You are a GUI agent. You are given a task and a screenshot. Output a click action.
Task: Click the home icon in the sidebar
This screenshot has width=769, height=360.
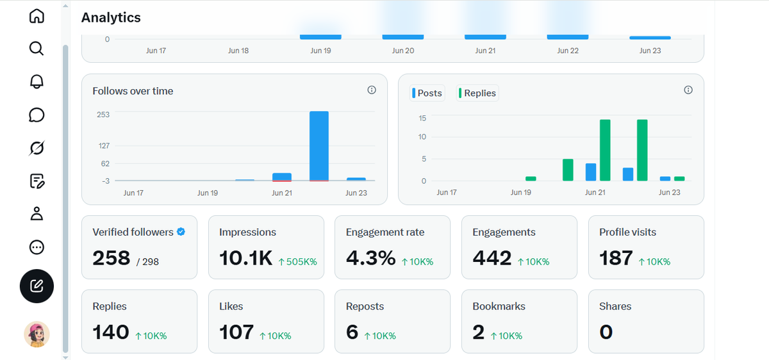tap(37, 16)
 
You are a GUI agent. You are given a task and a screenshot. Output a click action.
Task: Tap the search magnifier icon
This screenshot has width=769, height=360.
tap(37, 49)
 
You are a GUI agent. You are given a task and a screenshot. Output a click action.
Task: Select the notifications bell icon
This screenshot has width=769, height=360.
tap(37, 82)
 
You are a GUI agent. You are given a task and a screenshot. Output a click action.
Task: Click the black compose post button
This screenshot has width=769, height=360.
tap(37, 286)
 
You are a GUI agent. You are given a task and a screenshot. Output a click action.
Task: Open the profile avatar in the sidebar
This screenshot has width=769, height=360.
tap(37, 334)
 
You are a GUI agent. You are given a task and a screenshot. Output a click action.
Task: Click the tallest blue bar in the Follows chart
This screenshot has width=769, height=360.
tap(319, 146)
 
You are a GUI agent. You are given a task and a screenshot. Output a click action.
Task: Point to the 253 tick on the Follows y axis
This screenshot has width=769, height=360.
tap(103, 115)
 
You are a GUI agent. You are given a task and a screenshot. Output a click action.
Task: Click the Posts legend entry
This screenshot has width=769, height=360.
tap(427, 93)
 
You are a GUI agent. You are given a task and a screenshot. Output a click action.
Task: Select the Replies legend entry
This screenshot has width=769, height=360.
tap(477, 93)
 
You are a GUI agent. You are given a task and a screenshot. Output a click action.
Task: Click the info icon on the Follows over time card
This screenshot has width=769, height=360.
tap(372, 90)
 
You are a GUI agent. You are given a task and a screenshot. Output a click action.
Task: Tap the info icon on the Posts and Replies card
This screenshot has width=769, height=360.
tap(688, 90)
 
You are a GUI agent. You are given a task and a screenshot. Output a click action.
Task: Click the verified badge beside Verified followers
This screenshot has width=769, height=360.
tap(181, 232)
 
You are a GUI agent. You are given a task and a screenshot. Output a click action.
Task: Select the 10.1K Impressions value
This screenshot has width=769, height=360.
tap(246, 258)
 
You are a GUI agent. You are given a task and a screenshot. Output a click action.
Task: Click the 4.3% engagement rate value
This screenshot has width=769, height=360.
tap(371, 258)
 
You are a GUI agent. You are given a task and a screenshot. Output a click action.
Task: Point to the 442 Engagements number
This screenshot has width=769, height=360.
tap(492, 258)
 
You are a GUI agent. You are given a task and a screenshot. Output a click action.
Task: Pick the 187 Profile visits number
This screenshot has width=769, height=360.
tap(616, 258)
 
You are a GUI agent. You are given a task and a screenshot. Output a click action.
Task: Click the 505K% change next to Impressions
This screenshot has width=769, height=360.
tap(297, 262)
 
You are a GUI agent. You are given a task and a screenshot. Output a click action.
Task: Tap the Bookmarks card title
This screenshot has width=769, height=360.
tap(499, 306)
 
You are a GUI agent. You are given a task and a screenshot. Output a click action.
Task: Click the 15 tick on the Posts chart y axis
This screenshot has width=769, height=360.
tap(422, 119)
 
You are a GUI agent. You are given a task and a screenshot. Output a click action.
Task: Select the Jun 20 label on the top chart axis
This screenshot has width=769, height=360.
tap(403, 51)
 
